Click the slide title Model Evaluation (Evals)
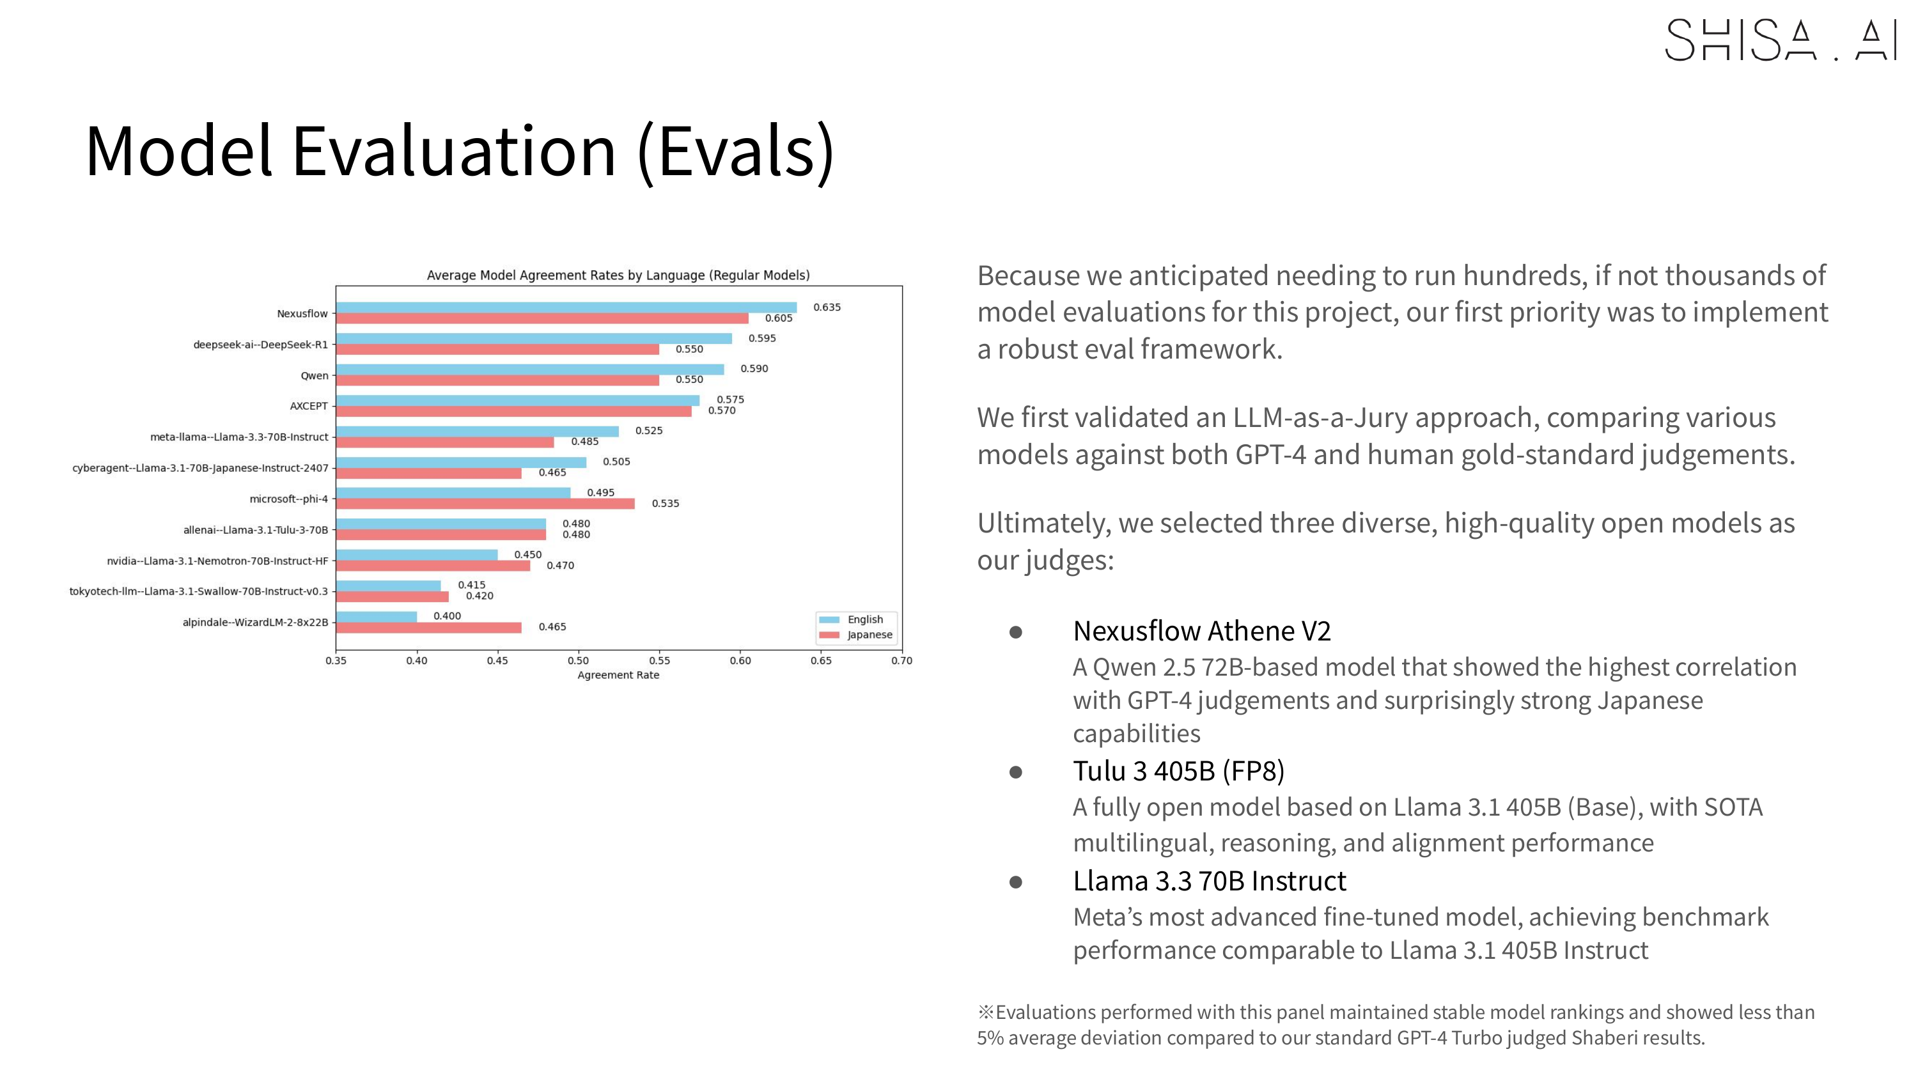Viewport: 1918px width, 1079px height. point(460,151)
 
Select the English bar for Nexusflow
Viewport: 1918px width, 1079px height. point(566,307)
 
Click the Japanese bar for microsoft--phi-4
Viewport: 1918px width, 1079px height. point(485,504)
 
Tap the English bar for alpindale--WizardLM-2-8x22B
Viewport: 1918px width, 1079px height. point(376,617)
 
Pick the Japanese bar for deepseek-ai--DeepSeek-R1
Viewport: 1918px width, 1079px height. point(497,349)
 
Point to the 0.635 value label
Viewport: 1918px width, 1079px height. point(827,307)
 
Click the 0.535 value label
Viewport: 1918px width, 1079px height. point(665,504)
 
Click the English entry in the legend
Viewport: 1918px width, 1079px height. point(864,619)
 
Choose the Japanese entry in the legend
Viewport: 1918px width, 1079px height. point(869,635)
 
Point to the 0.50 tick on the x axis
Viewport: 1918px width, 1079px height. point(579,661)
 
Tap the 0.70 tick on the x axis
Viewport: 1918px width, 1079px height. point(901,661)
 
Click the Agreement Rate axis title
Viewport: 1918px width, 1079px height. point(618,676)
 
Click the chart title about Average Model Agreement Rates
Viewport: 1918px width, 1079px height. point(618,276)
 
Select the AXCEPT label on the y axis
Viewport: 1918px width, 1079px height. point(308,407)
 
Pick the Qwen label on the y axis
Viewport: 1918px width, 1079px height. point(314,376)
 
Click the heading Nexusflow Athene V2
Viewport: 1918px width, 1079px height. point(1201,632)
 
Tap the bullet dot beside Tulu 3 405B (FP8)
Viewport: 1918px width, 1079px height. point(1016,772)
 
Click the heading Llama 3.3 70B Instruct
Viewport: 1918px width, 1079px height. point(1209,881)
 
